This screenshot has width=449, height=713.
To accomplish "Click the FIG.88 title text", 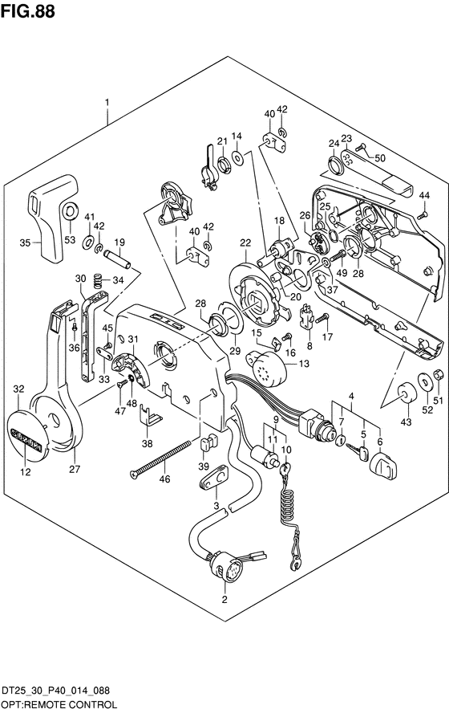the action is click(x=28, y=10).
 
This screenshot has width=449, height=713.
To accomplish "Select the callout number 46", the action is click(x=165, y=479).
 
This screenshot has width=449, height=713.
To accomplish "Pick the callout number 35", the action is click(x=26, y=242).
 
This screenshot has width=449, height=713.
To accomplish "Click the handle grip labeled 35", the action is click(x=52, y=218).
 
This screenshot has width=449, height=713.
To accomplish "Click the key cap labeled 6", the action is click(x=382, y=466).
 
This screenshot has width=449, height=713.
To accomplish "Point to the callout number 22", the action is click(x=245, y=242).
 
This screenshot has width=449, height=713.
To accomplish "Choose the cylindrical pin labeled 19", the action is click(x=117, y=259).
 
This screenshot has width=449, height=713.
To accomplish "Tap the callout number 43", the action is click(x=406, y=422).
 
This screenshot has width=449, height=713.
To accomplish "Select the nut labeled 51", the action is click(x=438, y=374).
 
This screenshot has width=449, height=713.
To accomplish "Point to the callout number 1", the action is click(x=107, y=103).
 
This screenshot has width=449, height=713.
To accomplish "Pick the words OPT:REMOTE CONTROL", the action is click(x=59, y=704).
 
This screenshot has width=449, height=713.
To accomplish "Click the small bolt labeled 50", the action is click(x=361, y=147).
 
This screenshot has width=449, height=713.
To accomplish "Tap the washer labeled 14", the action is click(x=237, y=157).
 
